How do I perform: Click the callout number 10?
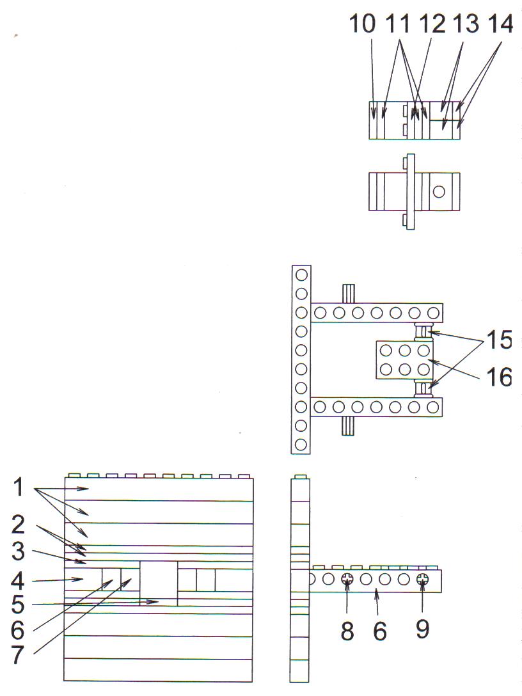362,24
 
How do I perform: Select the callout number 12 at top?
432,24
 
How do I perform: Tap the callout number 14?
501,24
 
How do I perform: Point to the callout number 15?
500,340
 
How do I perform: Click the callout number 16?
500,377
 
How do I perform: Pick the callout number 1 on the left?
18,487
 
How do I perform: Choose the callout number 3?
18,551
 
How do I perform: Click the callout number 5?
18,604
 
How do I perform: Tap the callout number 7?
18,655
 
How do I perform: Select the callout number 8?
347,630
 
